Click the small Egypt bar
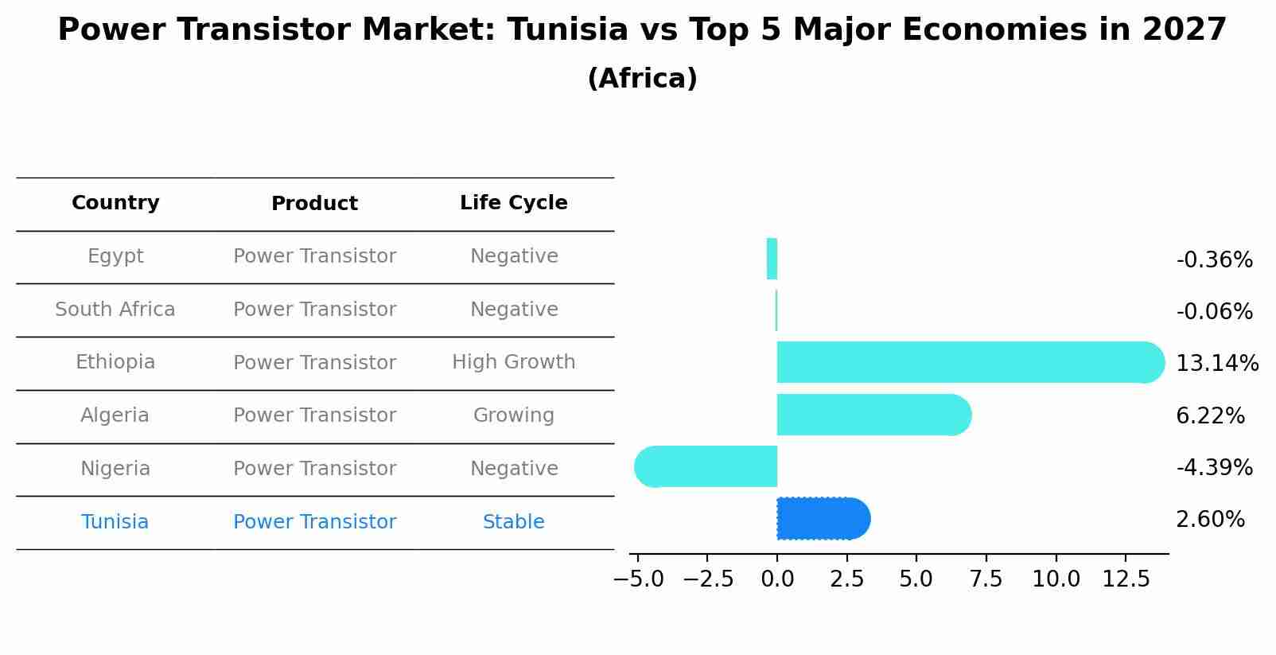(772, 259)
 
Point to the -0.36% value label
(1214, 260)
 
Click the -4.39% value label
(1214, 467)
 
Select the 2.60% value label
(1210, 520)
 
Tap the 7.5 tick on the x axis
(986, 579)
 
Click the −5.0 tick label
(638, 579)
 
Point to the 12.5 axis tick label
(1126, 579)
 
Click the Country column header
(115, 203)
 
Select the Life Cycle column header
(514, 203)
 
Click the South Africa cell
(115, 310)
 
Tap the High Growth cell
(514, 362)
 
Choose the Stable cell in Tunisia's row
(514, 522)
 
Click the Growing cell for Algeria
(514, 415)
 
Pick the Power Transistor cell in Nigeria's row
(315, 469)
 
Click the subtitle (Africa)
(642, 79)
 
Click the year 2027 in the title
(1185, 30)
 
